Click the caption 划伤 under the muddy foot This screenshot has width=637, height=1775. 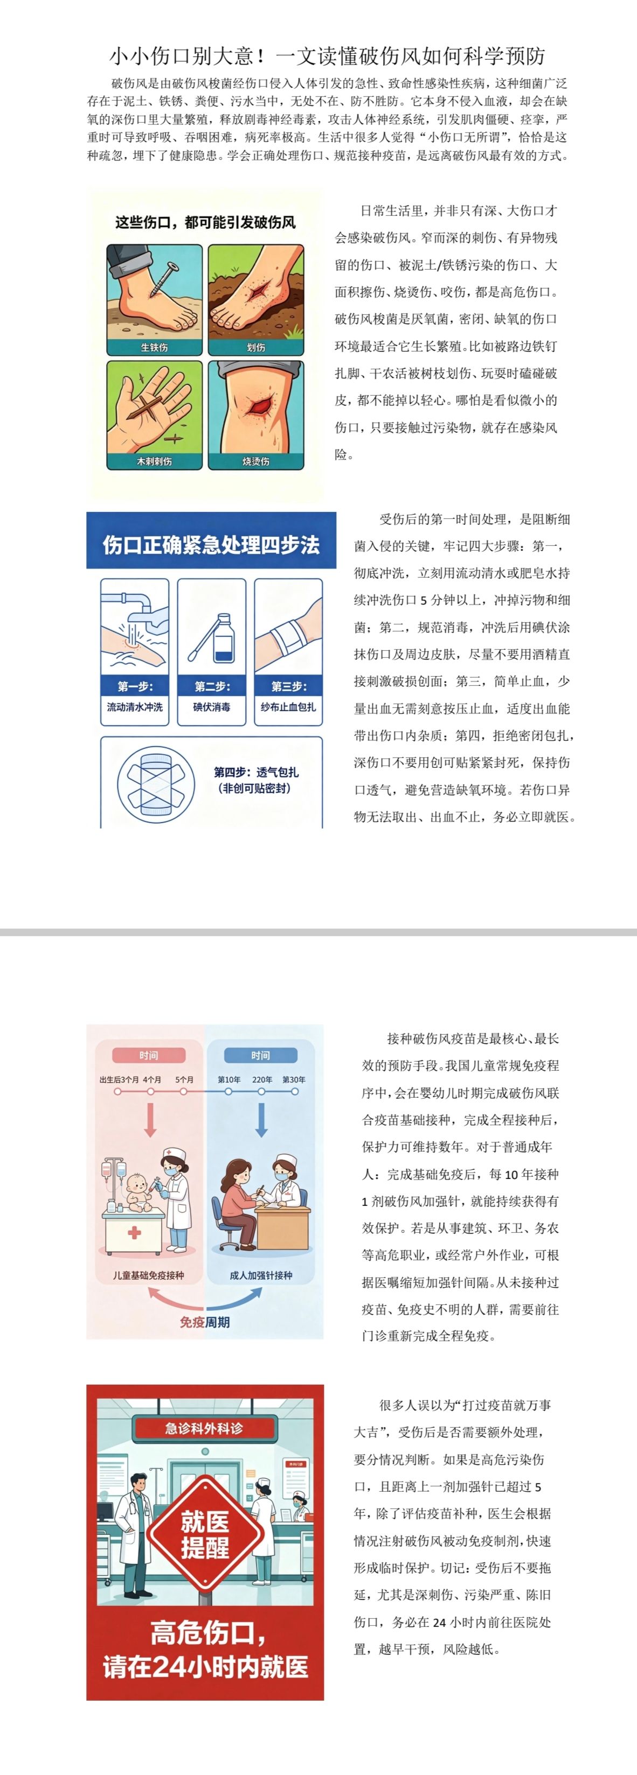pyautogui.click(x=256, y=348)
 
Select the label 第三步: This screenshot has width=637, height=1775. pyautogui.click(x=288, y=686)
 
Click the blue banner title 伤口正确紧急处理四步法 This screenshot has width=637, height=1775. pyautogui.click(x=211, y=545)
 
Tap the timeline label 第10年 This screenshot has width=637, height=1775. pyautogui.click(x=229, y=1080)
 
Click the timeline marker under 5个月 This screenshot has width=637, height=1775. pyautogui.click(x=185, y=1091)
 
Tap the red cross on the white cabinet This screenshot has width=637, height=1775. pyautogui.click(x=134, y=1233)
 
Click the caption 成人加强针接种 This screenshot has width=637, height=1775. pyautogui.click(x=261, y=1275)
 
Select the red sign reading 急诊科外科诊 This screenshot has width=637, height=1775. pyautogui.click(x=205, y=1428)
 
